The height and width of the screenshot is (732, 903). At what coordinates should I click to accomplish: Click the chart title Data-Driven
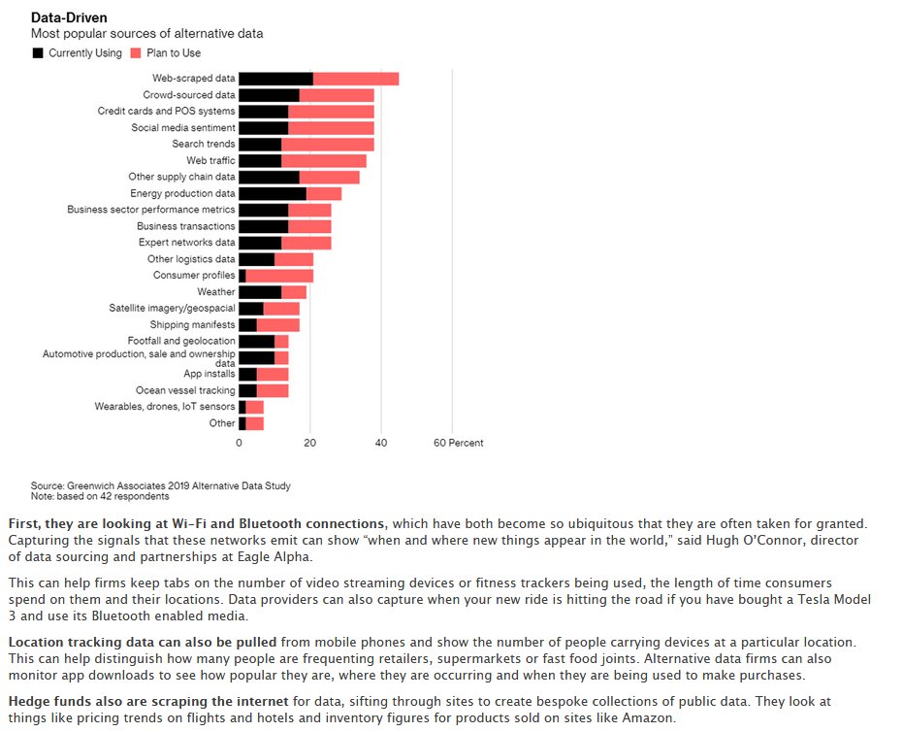(69, 17)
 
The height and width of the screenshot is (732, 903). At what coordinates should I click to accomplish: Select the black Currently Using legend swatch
(38, 52)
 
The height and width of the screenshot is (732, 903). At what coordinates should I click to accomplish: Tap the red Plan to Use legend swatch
(136, 52)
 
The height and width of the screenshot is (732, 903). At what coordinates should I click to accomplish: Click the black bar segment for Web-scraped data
(275, 79)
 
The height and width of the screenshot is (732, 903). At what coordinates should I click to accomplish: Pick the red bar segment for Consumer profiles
(279, 276)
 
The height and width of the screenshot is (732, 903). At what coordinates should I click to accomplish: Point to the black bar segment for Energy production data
(273, 194)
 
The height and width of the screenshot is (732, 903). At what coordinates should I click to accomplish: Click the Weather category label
(215, 291)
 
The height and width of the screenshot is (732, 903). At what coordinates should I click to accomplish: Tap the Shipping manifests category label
(192, 324)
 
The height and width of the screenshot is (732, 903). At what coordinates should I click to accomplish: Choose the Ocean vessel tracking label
(185, 390)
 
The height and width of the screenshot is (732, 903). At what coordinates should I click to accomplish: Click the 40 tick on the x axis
(380, 443)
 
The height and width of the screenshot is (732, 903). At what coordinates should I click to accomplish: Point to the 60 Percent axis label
(458, 443)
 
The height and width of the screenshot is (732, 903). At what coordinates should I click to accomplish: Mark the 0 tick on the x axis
(239, 443)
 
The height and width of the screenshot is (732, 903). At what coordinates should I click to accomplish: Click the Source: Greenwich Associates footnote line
(160, 485)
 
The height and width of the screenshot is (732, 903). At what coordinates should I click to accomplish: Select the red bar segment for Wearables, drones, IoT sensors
(254, 407)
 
